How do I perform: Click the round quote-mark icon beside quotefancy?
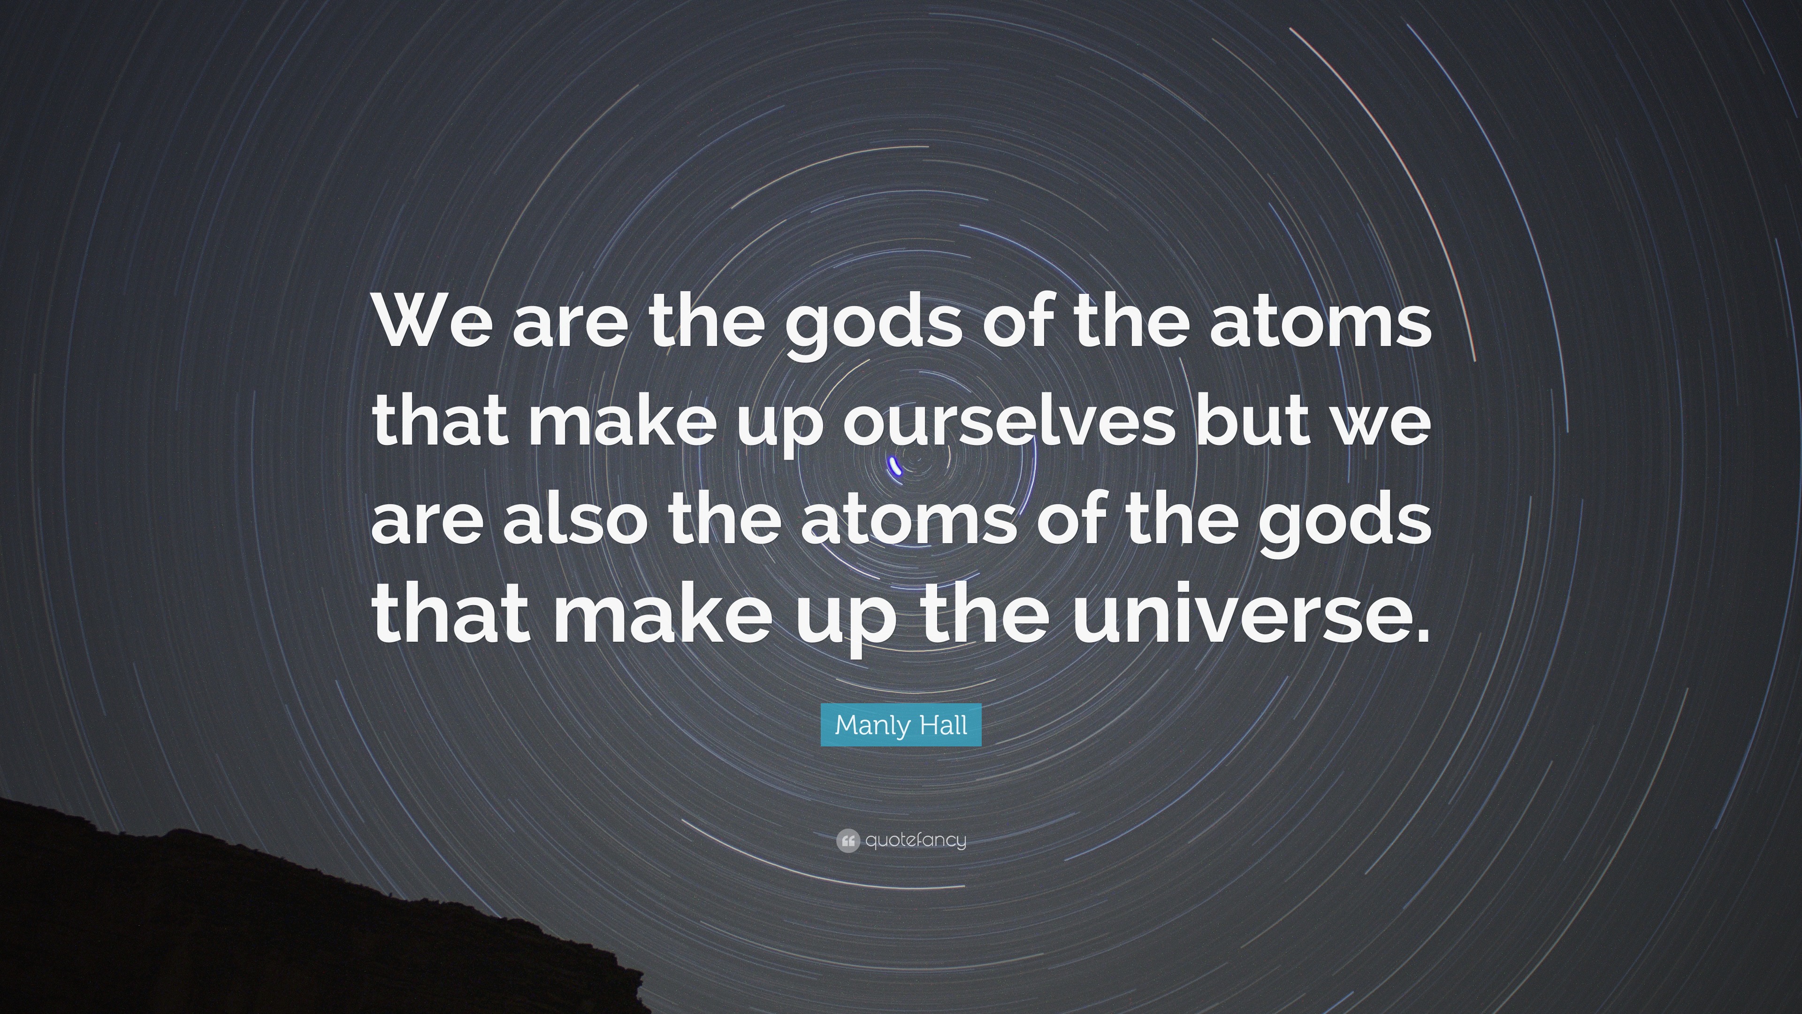coord(847,840)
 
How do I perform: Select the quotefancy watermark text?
coord(916,840)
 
